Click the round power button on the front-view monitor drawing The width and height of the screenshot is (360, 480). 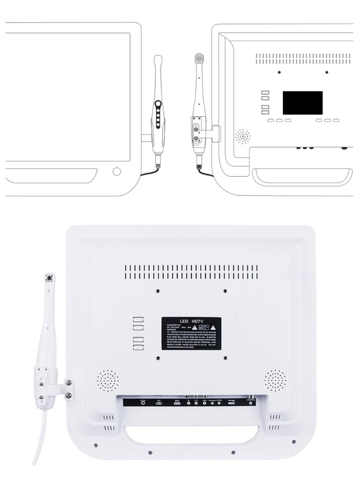pos(116,172)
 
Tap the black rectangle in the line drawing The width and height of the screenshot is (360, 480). pos(302,103)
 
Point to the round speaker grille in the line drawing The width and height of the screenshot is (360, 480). pos(244,137)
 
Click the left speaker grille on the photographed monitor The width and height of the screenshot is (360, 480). pos(107,380)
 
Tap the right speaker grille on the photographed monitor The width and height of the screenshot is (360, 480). pos(276,380)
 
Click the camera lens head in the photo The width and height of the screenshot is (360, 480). pos(49,278)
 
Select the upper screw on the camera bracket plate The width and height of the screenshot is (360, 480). pos(69,382)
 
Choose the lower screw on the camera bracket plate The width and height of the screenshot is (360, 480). pos(69,395)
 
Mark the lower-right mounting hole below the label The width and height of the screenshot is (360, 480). pos(225,358)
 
